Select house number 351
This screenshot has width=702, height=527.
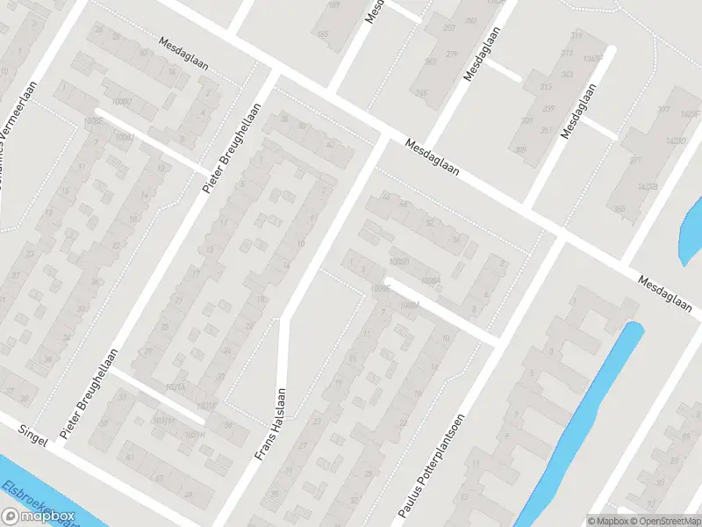tap(547, 132)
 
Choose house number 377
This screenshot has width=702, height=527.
tap(663, 109)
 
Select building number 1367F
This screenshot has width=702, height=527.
tap(594, 58)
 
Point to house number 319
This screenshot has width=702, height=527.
tap(577, 35)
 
